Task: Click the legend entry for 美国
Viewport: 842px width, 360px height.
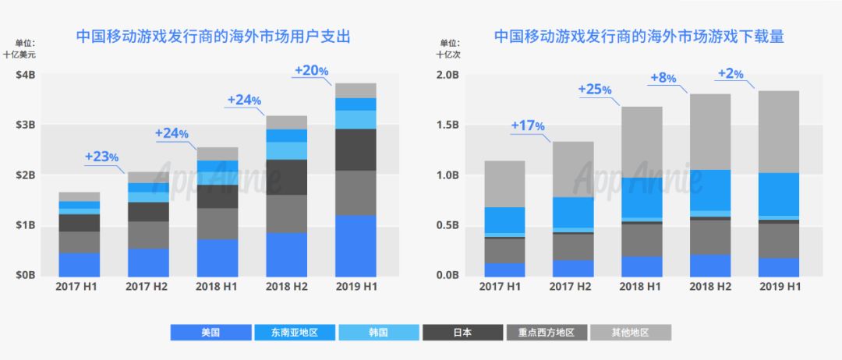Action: pyautogui.click(x=210, y=333)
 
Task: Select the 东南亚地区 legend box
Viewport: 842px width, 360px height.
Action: pyautogui.click(x=294, y=333)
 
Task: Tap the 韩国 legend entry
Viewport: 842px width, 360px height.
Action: pyautogui.click(x=378, y=333)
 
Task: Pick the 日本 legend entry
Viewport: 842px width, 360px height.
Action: pyautogui.click(x=462, y=333)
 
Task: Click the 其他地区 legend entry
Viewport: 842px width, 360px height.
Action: pyautogui.click(x=630, y=333)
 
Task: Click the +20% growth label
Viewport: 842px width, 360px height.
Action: pyautogui.click(x=311, y=70)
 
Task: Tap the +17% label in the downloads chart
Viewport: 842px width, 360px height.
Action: pyautogui.click(x=528, y=125)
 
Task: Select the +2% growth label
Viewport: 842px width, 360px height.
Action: pyautogui.click(x=731, y=74)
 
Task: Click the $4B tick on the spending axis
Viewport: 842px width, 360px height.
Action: pyautogui.click(x=25, y=75)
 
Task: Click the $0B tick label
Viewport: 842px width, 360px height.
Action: pyautogui.click(x=25, y=275)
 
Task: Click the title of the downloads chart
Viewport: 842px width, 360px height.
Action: pyautogui.click(x=639, y=36)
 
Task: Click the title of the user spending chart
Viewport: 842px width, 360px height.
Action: pyautogui.click(x=213, y=36)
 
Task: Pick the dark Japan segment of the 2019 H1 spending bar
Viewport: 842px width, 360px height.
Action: pyautogui.click(x=355, y=150)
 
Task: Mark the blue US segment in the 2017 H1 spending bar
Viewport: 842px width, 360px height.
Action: pyautogui.click(x=80, y=264)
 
